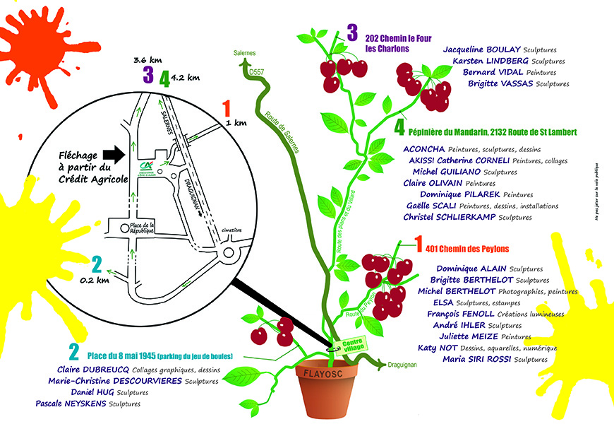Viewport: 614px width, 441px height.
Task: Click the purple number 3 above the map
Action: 148,76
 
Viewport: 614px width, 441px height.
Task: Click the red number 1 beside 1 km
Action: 227,109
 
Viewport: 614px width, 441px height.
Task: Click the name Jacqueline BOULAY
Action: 482,50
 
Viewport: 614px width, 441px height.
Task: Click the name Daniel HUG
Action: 92,392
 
